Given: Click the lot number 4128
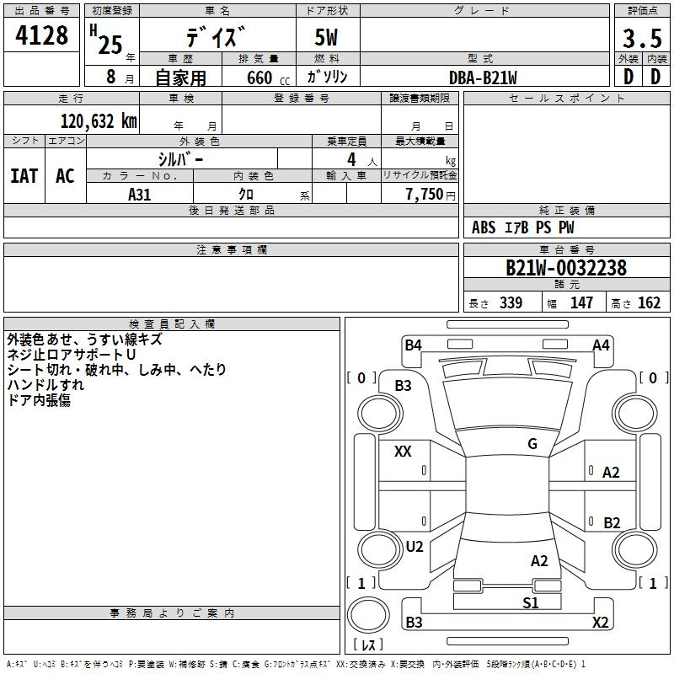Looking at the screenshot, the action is pos(41,35).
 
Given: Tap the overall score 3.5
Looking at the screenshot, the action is pos(642,38).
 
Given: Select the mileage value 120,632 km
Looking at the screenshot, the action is pos(99,121).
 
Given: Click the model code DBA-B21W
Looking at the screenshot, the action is pos(483,78).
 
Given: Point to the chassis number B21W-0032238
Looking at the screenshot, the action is pos(566,268).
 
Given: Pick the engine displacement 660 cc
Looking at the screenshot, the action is pos(268,78).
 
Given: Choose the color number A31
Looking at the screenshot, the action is pos(140,195).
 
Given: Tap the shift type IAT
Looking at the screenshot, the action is pos(24,176).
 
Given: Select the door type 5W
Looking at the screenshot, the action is pos(326,37).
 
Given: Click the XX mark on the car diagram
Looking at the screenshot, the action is pos(403,452).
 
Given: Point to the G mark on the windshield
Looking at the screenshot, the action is pos(532,444).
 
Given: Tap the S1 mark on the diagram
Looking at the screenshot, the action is pos(531,603).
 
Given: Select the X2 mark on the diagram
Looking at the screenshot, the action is pos(601,622).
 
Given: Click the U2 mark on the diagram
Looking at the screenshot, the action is pos(415,547).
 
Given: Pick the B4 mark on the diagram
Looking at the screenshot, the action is pos(413,345).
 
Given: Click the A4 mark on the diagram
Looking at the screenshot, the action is pos(601,345).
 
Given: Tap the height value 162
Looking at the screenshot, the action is pos(649,302).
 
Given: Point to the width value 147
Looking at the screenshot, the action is pos(581,302).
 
